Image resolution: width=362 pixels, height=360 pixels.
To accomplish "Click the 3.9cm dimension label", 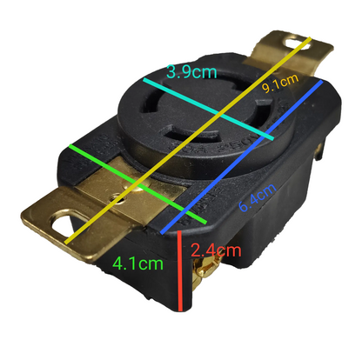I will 191,72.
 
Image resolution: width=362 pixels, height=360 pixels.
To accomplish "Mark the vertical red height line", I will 178,270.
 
